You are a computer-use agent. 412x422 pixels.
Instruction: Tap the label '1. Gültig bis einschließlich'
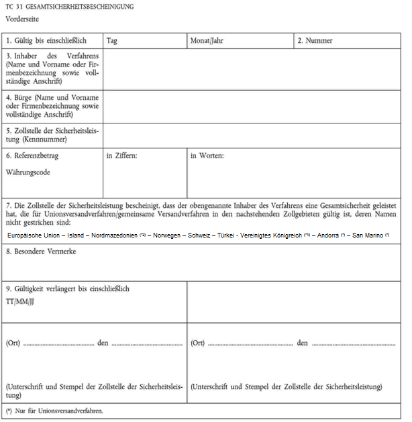pyautogui.click(x=45, y=41)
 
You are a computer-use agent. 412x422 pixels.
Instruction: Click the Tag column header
pyautogui.click(x=112, y=41)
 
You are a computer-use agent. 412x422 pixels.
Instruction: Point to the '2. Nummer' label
pyautogui.click(x=315, y=41)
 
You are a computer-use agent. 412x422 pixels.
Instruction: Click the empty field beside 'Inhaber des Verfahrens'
pyautogui.click(x=252, y=69)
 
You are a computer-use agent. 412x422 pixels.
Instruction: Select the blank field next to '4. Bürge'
pyautogui.click(x=252, y=106)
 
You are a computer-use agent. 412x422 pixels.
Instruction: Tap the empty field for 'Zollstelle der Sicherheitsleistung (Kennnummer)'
pyautogui.click(x=252, y=135)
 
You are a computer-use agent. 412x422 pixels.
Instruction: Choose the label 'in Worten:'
pyautogui.click(x=207, y=156)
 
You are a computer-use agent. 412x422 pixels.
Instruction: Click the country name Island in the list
pyautogui.click(x=78, y=236)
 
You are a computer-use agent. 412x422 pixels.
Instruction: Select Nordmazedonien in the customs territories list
pyautogui.click(x=115, y=236)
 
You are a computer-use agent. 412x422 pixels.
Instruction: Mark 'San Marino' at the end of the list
pyautogui.click(x=367, y=236)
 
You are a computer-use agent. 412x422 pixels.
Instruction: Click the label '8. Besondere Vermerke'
pyautogui.click(x=40, y=251)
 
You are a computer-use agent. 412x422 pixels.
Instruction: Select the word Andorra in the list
pyautogui.click(x=328, y=236)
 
